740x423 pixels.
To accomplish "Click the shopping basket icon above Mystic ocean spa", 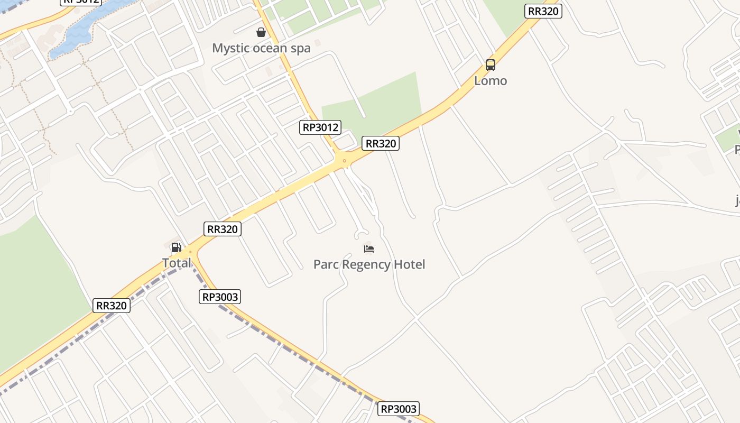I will click(x=261, y=32).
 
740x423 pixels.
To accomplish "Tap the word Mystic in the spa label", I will click(x=230, y=48).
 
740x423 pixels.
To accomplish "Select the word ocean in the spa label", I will click(x=271, y=48).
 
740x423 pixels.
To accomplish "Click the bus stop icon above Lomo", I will click(x=491, y=65).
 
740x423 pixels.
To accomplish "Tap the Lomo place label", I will click(x=491, y=81).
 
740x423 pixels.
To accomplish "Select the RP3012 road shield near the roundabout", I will click(x=320, y=127).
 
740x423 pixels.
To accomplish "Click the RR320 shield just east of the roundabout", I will click(x=381, y=143).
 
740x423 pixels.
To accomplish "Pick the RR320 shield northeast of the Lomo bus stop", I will click(x=543, y=11).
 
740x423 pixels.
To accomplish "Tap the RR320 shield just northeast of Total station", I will click(x=223, y=229).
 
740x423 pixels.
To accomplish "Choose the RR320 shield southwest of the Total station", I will click(x=112, y=306).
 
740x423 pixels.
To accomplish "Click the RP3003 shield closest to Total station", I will click(x=220, y=297).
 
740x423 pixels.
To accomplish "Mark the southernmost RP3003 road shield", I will click(x=399, y=409).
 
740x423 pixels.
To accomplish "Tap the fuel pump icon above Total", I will click(x=176, y=247).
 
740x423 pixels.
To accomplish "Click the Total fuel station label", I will click(x=177, y=263).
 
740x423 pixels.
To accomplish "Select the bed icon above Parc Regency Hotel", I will click(x=369, y=249).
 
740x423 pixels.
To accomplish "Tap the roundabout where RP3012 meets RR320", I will click(x=345, y=160).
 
